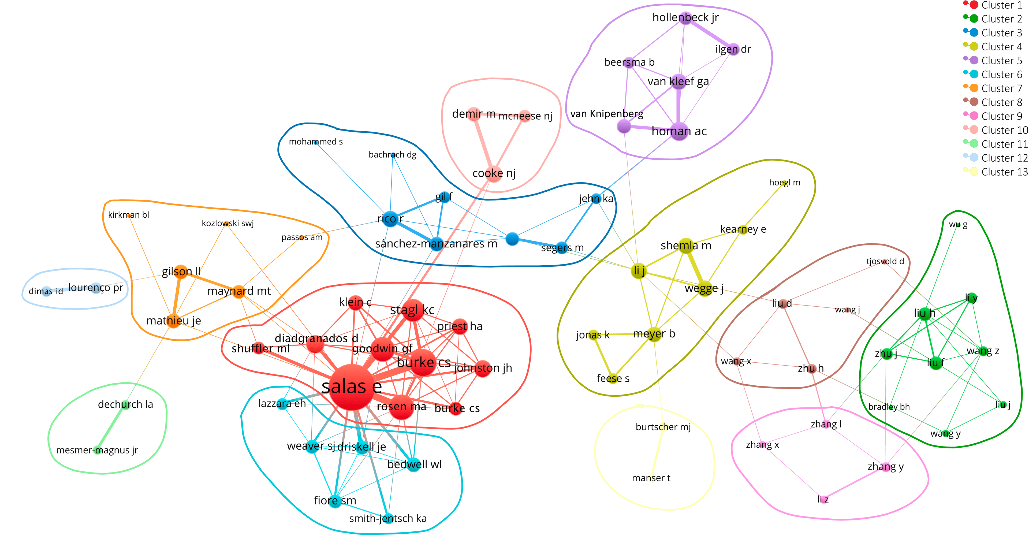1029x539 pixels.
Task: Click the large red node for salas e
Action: tap(352, 387)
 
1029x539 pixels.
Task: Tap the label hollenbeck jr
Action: tap(685, 18)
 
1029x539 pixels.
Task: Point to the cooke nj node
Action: tap(494, 174)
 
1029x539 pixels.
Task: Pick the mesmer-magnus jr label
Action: tap(97, 450)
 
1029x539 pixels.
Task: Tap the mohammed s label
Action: tap(316, 142)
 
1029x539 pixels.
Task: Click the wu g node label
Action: tap(958, 225)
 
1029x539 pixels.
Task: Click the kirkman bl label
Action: tap(128, 215)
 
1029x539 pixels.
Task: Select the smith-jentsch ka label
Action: tap(387, 519)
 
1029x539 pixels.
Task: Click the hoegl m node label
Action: tap(785, 183)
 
